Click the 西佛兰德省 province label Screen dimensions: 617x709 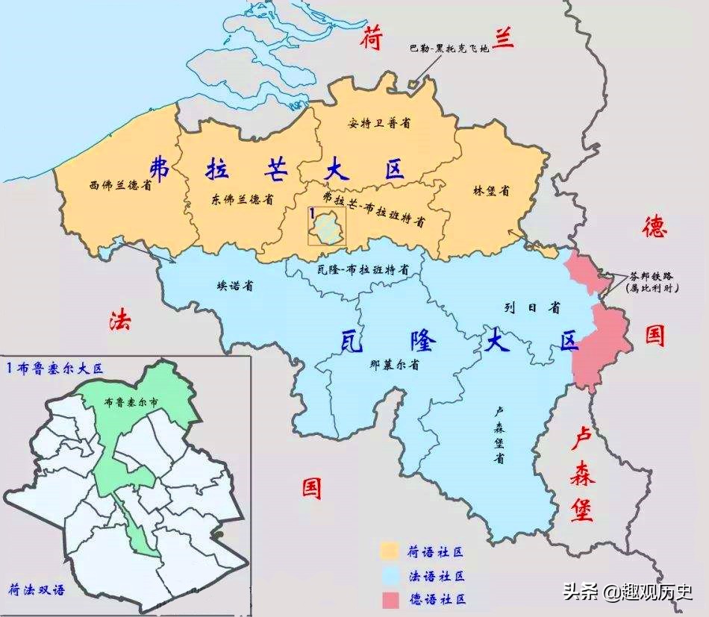(120, 185)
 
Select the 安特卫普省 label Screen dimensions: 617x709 (379, 122)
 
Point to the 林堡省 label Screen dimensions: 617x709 (491, 191)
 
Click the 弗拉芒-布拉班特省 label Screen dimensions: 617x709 (374, 209)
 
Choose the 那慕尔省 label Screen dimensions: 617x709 (393, 366)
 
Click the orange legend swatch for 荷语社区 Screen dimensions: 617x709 (389, 552)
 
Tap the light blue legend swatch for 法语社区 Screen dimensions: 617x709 (389, 576)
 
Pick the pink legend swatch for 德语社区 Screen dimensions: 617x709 (389, 599)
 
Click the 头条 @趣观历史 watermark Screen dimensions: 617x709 (628, 592)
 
